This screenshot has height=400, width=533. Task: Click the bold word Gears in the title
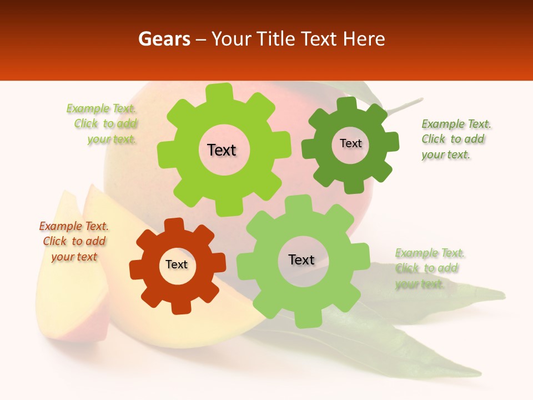tap(164, 39)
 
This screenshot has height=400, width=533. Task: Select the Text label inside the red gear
tap(177, 265)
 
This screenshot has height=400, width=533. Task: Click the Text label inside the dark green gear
tap(350, 143)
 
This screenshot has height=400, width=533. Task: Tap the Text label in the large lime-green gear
tap(222, 150)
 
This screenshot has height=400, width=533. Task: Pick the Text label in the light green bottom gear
tap(301, 260)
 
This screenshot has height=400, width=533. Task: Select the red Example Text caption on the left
tap(74, 242)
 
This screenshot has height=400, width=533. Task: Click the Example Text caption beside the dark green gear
tap(456, 139)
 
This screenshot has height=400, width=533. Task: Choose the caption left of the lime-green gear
tap(102, 124)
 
